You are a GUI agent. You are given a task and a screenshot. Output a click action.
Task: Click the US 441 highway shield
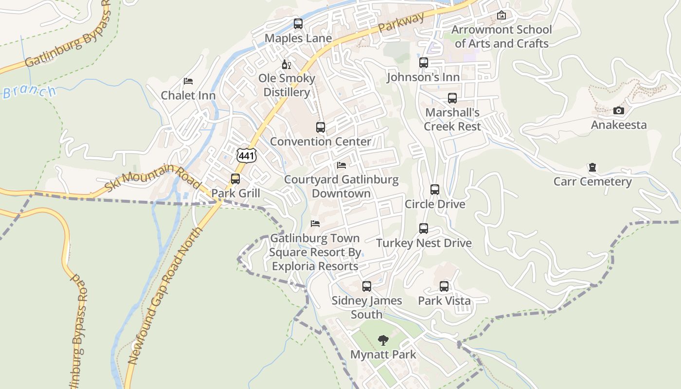tap(247, 156)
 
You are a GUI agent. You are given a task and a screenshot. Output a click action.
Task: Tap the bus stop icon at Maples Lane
tap(298, 23)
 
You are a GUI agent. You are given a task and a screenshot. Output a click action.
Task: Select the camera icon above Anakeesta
tap(618, 110)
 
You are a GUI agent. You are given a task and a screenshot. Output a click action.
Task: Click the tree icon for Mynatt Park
tap(383, 340)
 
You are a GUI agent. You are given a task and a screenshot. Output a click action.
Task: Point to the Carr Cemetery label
tap(592, 182)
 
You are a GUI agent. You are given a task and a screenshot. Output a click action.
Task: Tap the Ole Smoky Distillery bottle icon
tap(286, 64)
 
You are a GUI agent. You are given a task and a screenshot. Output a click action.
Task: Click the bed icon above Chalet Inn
tap(188, 81)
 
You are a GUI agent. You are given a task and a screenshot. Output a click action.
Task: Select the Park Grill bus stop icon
tap(235, 179)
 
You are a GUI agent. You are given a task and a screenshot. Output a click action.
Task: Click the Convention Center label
tap(320, 141)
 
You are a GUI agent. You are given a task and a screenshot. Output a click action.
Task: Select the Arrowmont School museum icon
tap(502, 16)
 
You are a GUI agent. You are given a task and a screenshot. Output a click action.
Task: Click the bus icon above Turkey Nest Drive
tap(424, 229)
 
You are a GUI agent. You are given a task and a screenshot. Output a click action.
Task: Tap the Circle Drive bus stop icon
tap(435, 190)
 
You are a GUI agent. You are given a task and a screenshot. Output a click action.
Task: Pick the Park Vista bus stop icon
tap(444, 286)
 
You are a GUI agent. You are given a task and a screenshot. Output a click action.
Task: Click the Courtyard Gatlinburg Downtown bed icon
tap(341, 165)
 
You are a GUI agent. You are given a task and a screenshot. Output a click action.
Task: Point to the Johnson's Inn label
tap(423, 77)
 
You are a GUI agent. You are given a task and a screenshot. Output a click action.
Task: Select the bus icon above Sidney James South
tap(367, 286)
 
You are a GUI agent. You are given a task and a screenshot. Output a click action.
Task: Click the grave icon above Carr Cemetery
tap(592, 168)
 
